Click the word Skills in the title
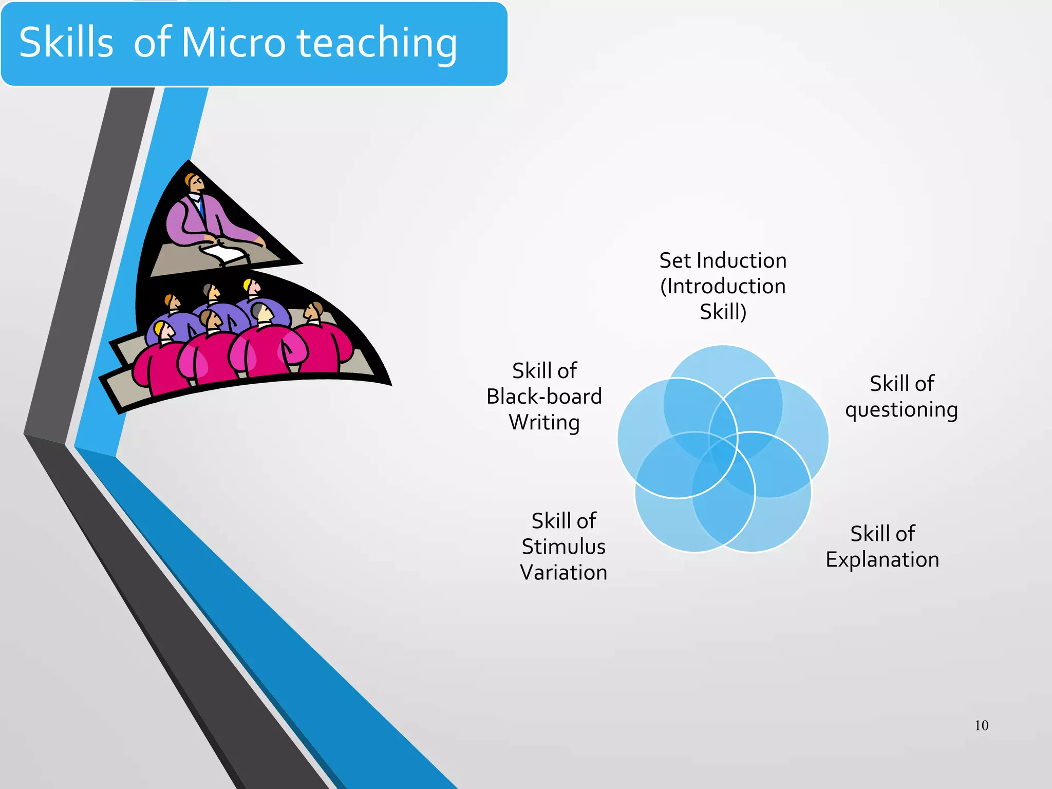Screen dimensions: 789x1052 tap(66, 43)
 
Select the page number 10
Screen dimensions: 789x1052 tap(981, 725)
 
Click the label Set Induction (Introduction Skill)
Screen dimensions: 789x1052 tap(723, 286)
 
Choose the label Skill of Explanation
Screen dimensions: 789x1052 tap(882, 547)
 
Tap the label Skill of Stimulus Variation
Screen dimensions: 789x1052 tap(563, 547)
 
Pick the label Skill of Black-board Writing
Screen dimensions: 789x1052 tap(544, 397)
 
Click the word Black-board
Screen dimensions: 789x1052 tap(544, 397)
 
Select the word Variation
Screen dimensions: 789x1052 tap(563, 573)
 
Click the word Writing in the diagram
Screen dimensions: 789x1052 tap(544, 423)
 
